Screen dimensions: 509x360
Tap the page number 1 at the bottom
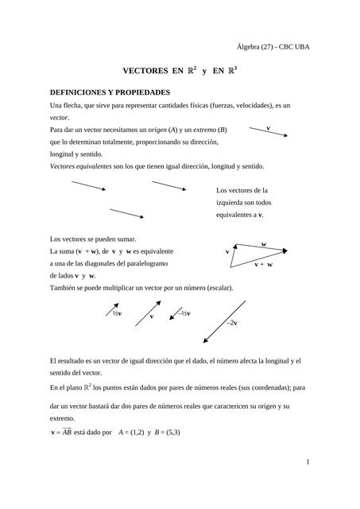coord(307,461)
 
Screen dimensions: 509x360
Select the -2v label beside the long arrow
coord(232,324)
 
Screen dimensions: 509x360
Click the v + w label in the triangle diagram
coord(264,264)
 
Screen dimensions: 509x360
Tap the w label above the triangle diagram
coord(264,243)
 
